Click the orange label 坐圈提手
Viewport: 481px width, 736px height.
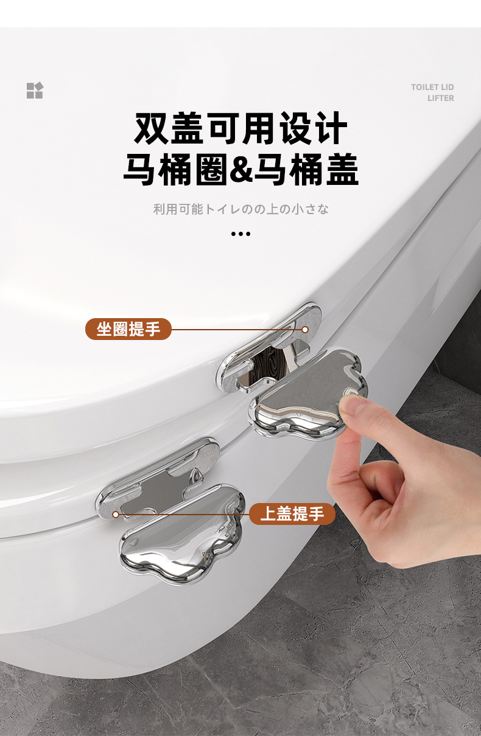click(x=128, y=329)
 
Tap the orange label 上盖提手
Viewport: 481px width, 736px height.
click(x=292, y=513)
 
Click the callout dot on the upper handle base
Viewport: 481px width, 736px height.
click(x=305, y=329)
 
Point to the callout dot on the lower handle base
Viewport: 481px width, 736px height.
click(x=116, y=514)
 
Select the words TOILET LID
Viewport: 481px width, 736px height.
click(x=432, y=87)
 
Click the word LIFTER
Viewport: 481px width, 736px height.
click(x=441, y=98)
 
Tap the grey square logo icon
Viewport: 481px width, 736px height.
click(x=35, y=90)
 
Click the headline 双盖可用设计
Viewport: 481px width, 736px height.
click(x=241, y=128)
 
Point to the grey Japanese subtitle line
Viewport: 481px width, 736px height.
click(x=241, y=209)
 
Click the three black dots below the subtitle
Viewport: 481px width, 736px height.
click(x=241, y=234)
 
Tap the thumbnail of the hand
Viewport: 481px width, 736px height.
click(x=351, y=407)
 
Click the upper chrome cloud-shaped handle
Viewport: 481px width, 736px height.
click(x=307, y=394)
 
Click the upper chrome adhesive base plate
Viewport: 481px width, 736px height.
click(x=269, y=349)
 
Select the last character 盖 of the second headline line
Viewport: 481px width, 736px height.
click(x=342, y=170)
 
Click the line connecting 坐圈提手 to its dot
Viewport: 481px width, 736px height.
click(x=237, y=329)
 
